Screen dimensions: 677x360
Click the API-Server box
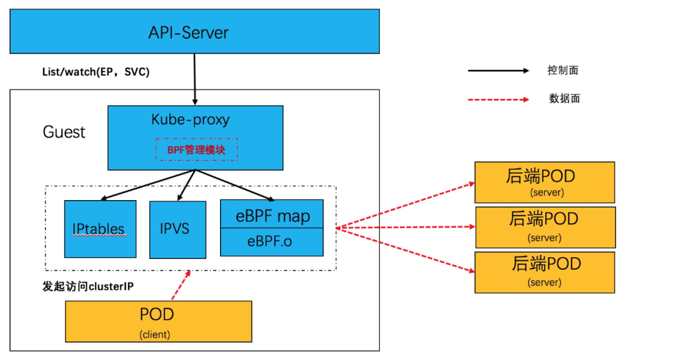pyautogui.click(x=195, y=31)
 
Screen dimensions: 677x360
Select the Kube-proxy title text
pyautogui.click(x=191, y=119)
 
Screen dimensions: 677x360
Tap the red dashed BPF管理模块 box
pyautogui.click(x=196, y=149)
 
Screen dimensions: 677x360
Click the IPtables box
pyautogui.click(x=100, y=229)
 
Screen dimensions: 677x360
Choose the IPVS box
pyautogui.click(x=177, y=230)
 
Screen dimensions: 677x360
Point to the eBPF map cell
pyautogui.click(x=271, y=214)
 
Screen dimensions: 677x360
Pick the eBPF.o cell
pyautogui.click(x=271, y=242)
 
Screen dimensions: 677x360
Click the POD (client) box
pyautogui.click(x=159, y=322)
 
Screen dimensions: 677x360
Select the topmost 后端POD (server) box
pyautogui.click(x=545, y=183)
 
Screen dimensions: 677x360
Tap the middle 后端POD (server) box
pyautogui.click(x=545, y=227)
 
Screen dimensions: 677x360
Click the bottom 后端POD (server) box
pyautogui.click(x=545, y=273)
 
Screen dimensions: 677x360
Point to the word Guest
pyautogui.click(x=64, y=132)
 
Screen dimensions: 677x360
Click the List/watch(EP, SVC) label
pyautogui.click(x=96, y=71)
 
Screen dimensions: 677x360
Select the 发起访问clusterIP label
pyautogui.click(x=88, y=286)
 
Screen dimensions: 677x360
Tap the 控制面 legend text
pyautogui.click(x=562, y=70)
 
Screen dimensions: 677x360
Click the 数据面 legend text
pyautogui.click(x=564, y=98)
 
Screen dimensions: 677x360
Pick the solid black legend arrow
pyautogui.click(x=499, y=70)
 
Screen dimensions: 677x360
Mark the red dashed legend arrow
pyautogui.click(x=499, y=99)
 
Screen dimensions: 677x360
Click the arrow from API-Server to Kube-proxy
pyautogui.click(x=195, y=79)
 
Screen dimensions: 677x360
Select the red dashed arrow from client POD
pyautogui.click(x=181, y=285)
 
